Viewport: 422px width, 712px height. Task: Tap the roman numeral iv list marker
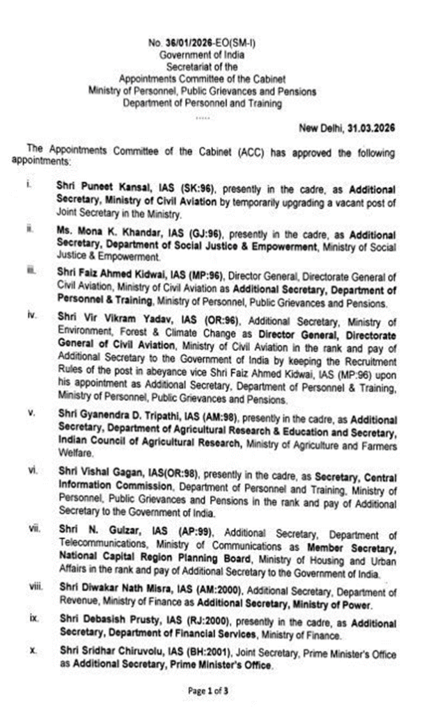pos(34,316)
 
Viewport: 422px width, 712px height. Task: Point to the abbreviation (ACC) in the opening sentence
pos(217,152)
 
